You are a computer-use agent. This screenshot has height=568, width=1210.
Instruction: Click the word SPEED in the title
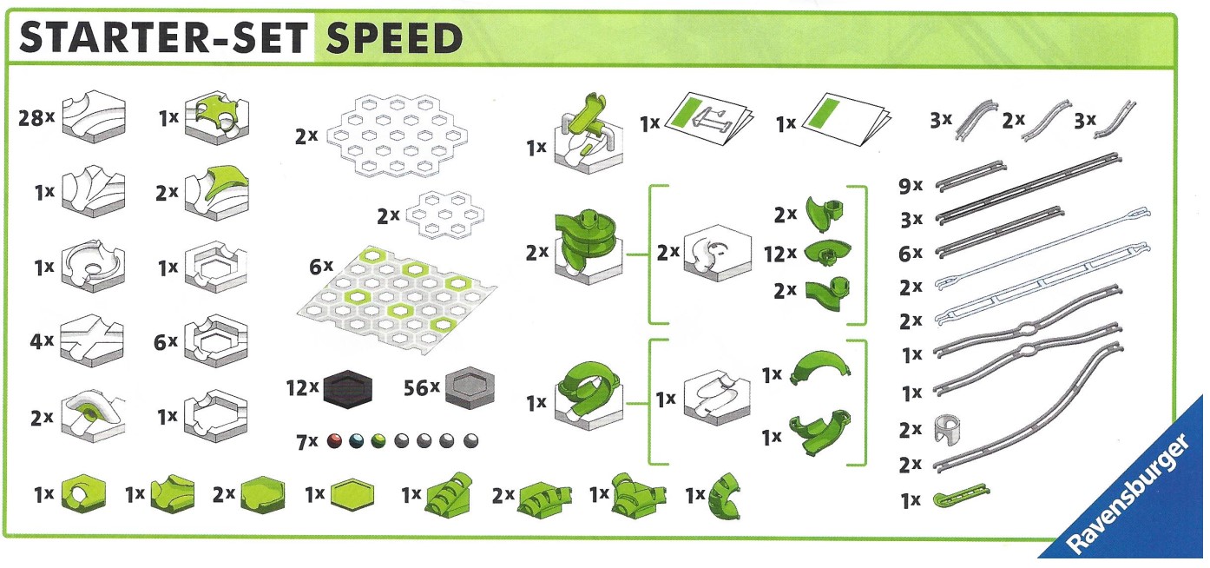coord(395,38)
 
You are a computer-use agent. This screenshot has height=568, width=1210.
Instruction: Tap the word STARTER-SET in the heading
coord(163,38)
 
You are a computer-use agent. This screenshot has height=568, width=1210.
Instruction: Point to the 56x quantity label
coord(422,388)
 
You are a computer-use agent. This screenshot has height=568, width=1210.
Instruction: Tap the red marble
coord(334,441)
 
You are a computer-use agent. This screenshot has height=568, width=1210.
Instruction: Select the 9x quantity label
coord(911,184)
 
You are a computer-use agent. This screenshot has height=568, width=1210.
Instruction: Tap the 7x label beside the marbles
coord(307,442)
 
